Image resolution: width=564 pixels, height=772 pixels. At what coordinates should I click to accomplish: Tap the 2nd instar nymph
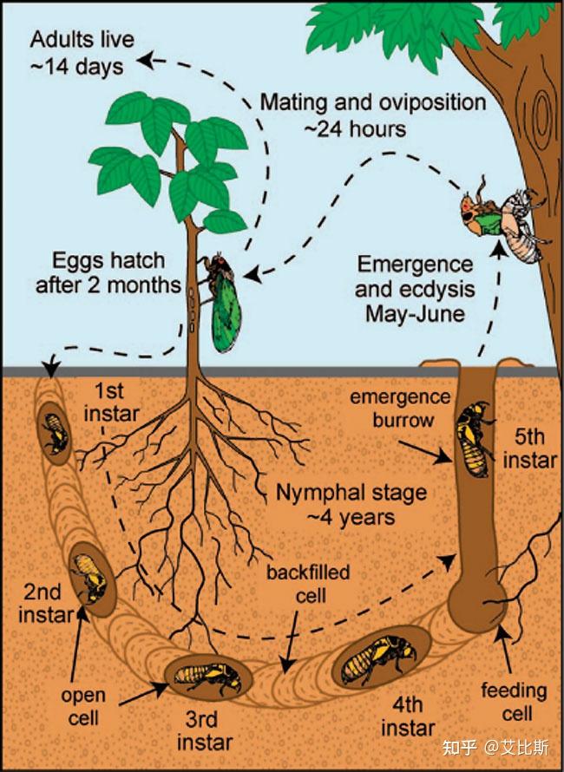[89, 578]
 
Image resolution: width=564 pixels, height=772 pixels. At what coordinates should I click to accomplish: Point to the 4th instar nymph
[380, 659]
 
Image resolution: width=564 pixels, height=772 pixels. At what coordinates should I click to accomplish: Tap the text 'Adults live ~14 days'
[82, 53]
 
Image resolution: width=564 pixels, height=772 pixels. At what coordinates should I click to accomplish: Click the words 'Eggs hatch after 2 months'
[108, 272]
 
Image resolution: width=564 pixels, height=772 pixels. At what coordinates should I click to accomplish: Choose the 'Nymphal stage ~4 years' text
[351, 505]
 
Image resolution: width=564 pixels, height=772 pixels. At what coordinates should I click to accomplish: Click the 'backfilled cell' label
[308, 584]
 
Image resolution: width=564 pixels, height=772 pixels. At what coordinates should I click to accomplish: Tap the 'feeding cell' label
[515, 702]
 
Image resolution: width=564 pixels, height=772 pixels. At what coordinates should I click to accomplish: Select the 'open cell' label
[83, 706]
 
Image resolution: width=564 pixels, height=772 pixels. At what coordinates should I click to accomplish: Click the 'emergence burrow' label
[400, 409]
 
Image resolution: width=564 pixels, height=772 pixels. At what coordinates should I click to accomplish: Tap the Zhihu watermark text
[495, 748]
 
